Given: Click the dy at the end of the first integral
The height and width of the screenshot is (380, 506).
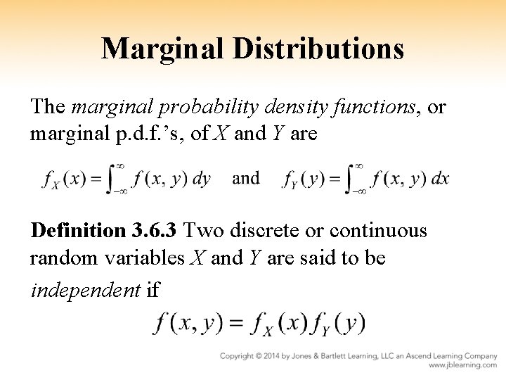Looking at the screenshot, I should [201, 179].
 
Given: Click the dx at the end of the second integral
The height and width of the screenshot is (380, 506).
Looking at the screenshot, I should [440, 179].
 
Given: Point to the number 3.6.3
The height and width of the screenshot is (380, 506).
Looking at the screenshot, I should [158, 231].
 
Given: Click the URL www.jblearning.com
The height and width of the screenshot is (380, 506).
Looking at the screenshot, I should [462, 366].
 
